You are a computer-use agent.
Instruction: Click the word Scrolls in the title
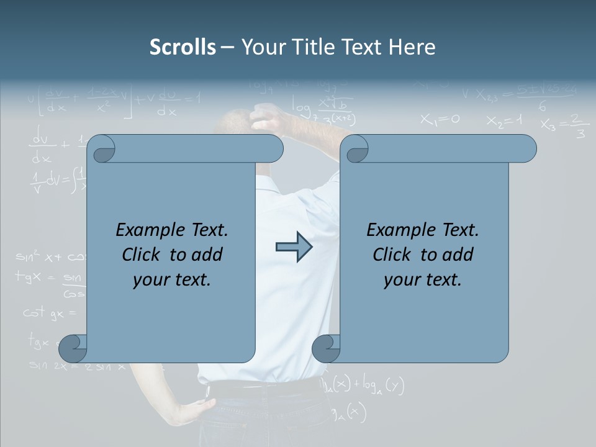click(183, 47)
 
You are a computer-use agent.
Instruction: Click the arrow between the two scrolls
click(294, 247)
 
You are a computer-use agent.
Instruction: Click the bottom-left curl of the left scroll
click(72, 348)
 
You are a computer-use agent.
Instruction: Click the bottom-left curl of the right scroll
click(325, 348)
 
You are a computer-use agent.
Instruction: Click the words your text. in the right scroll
click(422, 280)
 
